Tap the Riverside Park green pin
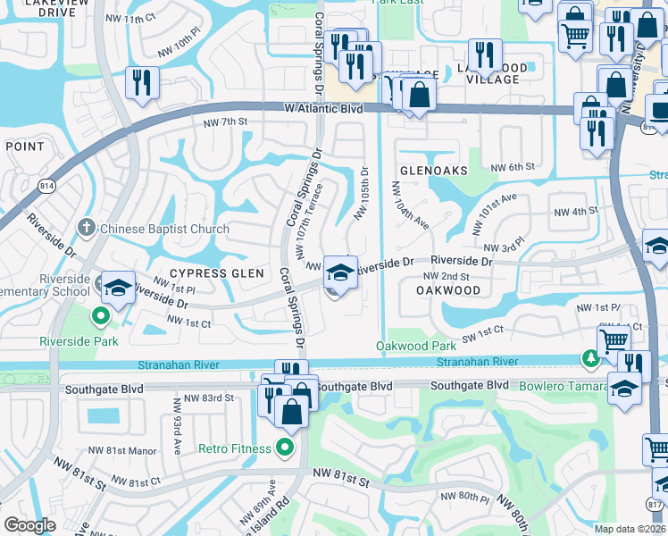click(x=101, y=314)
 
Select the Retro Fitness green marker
click(x=286, y=448)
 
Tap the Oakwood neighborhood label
click(x=448, y=290)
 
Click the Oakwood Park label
click(x=416, y=346)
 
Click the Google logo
click(x=29, y=525)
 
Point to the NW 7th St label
click(x=224, y=122)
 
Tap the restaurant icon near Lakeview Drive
click(x=142, y=82)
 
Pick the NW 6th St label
click(x=513, y=166)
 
